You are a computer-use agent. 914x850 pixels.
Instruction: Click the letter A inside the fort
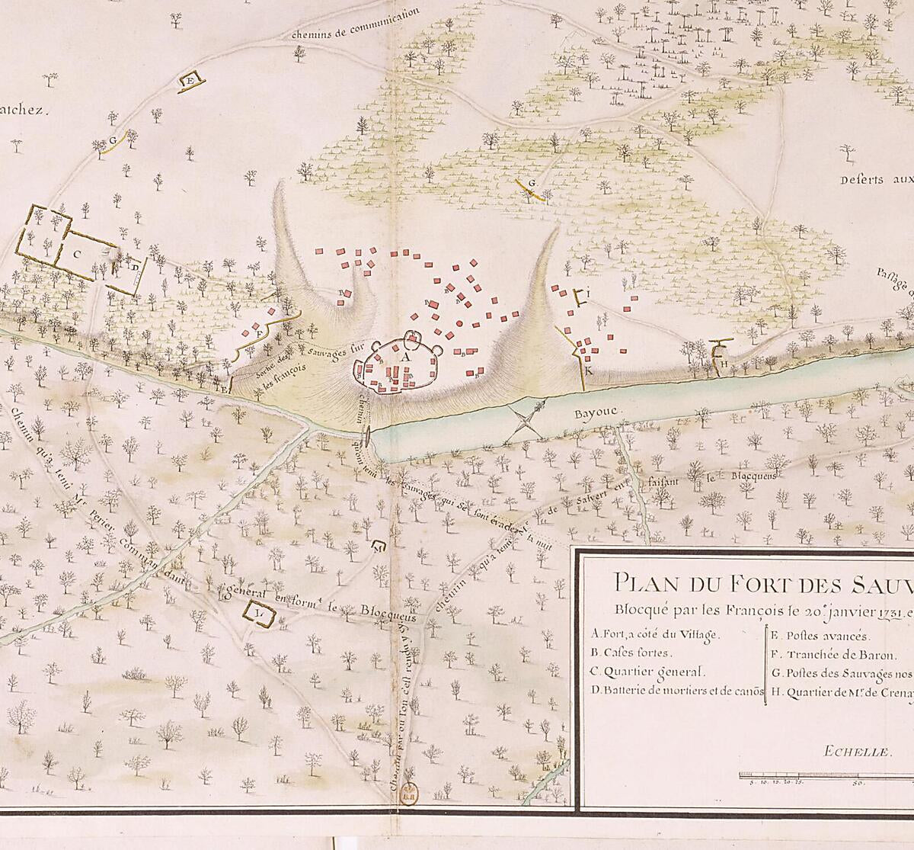click(405, 356)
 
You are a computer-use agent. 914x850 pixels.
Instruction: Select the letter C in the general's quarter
click(78, 254)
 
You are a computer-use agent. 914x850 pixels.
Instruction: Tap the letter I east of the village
click(587, 293)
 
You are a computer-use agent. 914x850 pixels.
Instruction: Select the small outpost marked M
click(379, 546)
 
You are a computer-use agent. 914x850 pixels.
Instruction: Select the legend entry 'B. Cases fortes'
click(630, 653)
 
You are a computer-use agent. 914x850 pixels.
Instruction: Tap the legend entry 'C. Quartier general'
click(648, 672)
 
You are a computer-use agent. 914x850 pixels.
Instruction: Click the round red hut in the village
click(459, 325)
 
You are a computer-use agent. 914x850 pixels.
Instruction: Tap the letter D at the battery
click(134, 267)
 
